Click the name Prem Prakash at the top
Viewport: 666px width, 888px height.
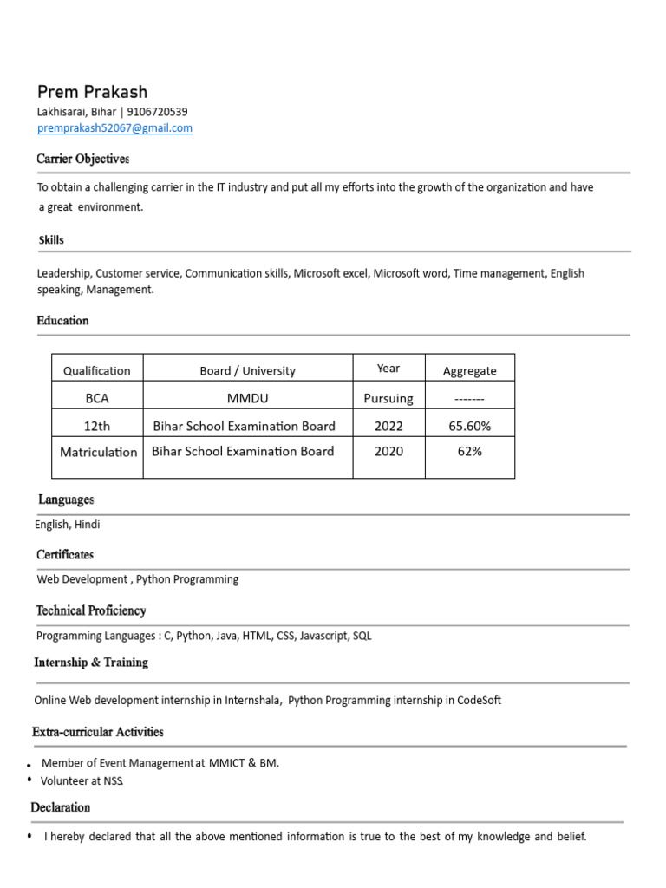pos(92,92)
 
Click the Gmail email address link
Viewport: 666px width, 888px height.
pos(114,128)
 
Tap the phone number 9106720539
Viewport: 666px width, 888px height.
pos(157,112)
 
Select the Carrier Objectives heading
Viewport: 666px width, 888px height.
pos(83,160)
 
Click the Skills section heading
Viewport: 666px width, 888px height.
pos(51,240)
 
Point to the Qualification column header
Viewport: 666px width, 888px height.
pos(97,371)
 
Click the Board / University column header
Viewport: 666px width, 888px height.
pos(247,371)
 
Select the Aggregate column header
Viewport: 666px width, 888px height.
pos(469,371)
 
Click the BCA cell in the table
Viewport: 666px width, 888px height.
pos(97,399)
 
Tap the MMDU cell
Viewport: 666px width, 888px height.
pos(247,399)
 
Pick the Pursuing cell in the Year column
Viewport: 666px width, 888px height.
pos(388,399)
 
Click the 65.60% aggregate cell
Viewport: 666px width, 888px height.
pos(469,426)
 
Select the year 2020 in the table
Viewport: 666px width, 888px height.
pos(388,452)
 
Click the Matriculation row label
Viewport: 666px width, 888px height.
pos(98,452)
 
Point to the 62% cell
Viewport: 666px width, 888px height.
pos(469,452)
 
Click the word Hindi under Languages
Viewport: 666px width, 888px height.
pos(87,525)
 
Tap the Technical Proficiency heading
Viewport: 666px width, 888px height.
pos(91,610)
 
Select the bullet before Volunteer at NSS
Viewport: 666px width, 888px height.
pos(29,780)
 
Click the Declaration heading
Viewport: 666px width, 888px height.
pos(61,807)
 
